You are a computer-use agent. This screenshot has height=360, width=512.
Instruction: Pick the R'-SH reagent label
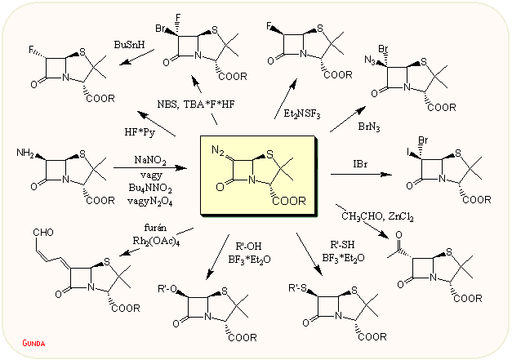[344, 244]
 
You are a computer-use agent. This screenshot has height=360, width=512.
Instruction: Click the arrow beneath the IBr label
[359, 173]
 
